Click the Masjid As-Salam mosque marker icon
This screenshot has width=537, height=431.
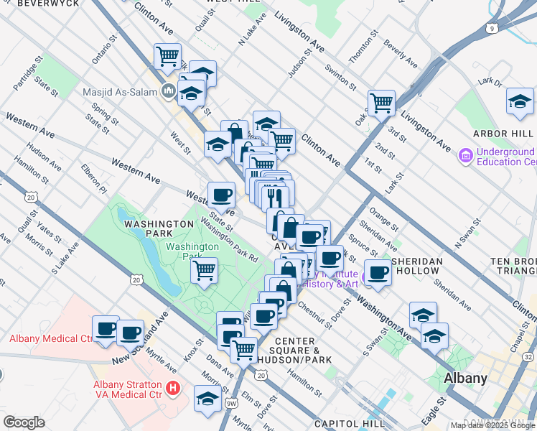point(169,90)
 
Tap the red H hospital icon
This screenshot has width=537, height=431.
point(172,389)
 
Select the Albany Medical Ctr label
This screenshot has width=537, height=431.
point(52,338)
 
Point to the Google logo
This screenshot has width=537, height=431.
point(23,422)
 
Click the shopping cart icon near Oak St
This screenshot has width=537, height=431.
point(381,103)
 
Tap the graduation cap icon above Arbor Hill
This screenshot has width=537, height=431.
point(520,101)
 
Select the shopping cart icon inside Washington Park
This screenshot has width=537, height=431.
point(205,271)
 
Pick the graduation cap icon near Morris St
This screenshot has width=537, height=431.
point(207,397)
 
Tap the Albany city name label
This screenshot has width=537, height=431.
point(466,378)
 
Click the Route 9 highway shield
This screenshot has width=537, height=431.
point(492,28)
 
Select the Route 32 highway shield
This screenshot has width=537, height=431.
point(529,357)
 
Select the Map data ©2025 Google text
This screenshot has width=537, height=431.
point(492,425)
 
